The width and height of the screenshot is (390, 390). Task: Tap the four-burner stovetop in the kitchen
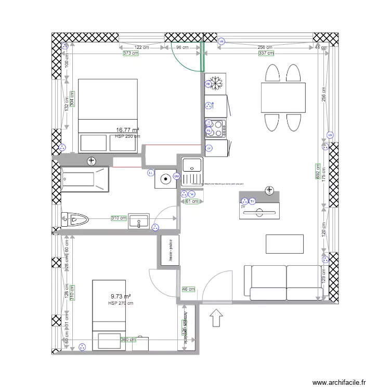tap(216, 127)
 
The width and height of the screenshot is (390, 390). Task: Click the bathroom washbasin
tap(139, 221)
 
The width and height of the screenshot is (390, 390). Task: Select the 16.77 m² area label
tap(127, 130)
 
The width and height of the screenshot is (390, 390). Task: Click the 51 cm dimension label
tap(192, 201)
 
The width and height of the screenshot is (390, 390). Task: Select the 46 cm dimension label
tap(188, 289)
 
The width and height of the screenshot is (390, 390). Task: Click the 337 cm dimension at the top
tap(266, 53)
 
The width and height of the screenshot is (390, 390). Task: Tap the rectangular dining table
tap(283, 97)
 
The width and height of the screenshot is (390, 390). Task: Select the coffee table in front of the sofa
tap(284, 243)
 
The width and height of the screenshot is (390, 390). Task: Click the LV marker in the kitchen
tap(209, 148)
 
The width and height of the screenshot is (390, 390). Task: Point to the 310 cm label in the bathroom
tap(119, 218)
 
